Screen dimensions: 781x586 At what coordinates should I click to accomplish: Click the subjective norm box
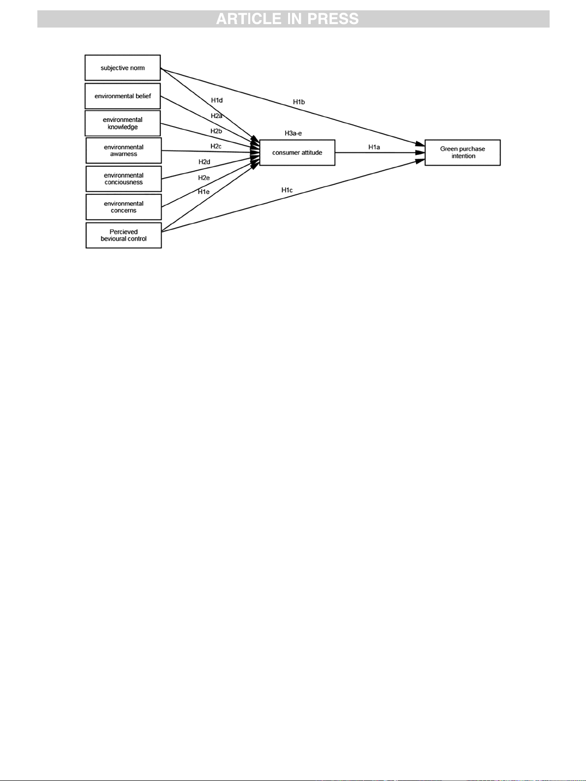coord(122,68)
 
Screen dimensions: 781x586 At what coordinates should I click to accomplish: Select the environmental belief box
coord(122,96)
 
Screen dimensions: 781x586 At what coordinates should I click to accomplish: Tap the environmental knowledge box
coord(122,123)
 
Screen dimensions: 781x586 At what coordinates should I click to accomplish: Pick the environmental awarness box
coord(123,150)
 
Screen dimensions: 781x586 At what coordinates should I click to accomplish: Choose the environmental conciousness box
coord(123,179)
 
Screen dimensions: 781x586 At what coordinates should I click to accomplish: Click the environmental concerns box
coord(123,207)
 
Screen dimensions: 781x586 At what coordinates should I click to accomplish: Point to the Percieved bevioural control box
coord(123,235)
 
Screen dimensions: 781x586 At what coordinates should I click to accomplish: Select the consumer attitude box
coord(297,152)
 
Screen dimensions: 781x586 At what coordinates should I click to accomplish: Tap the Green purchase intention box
coord(462,152)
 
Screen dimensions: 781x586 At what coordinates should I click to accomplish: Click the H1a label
coord(374,147)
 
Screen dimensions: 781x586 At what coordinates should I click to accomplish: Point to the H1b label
coord(299,102)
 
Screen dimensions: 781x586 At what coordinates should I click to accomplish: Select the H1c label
coord(287,190)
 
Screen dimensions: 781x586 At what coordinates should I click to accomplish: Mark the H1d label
coord(217,100)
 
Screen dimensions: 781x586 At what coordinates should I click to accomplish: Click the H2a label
coord(216,116)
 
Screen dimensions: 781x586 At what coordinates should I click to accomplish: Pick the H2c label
coord(216,146)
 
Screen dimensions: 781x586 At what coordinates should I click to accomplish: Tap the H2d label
coord(204,162)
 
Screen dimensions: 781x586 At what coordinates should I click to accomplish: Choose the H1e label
coord(204,192)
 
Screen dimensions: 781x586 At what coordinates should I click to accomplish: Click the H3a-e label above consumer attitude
coord(293,133)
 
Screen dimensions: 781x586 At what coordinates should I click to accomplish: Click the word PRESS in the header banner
coord(333,19)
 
